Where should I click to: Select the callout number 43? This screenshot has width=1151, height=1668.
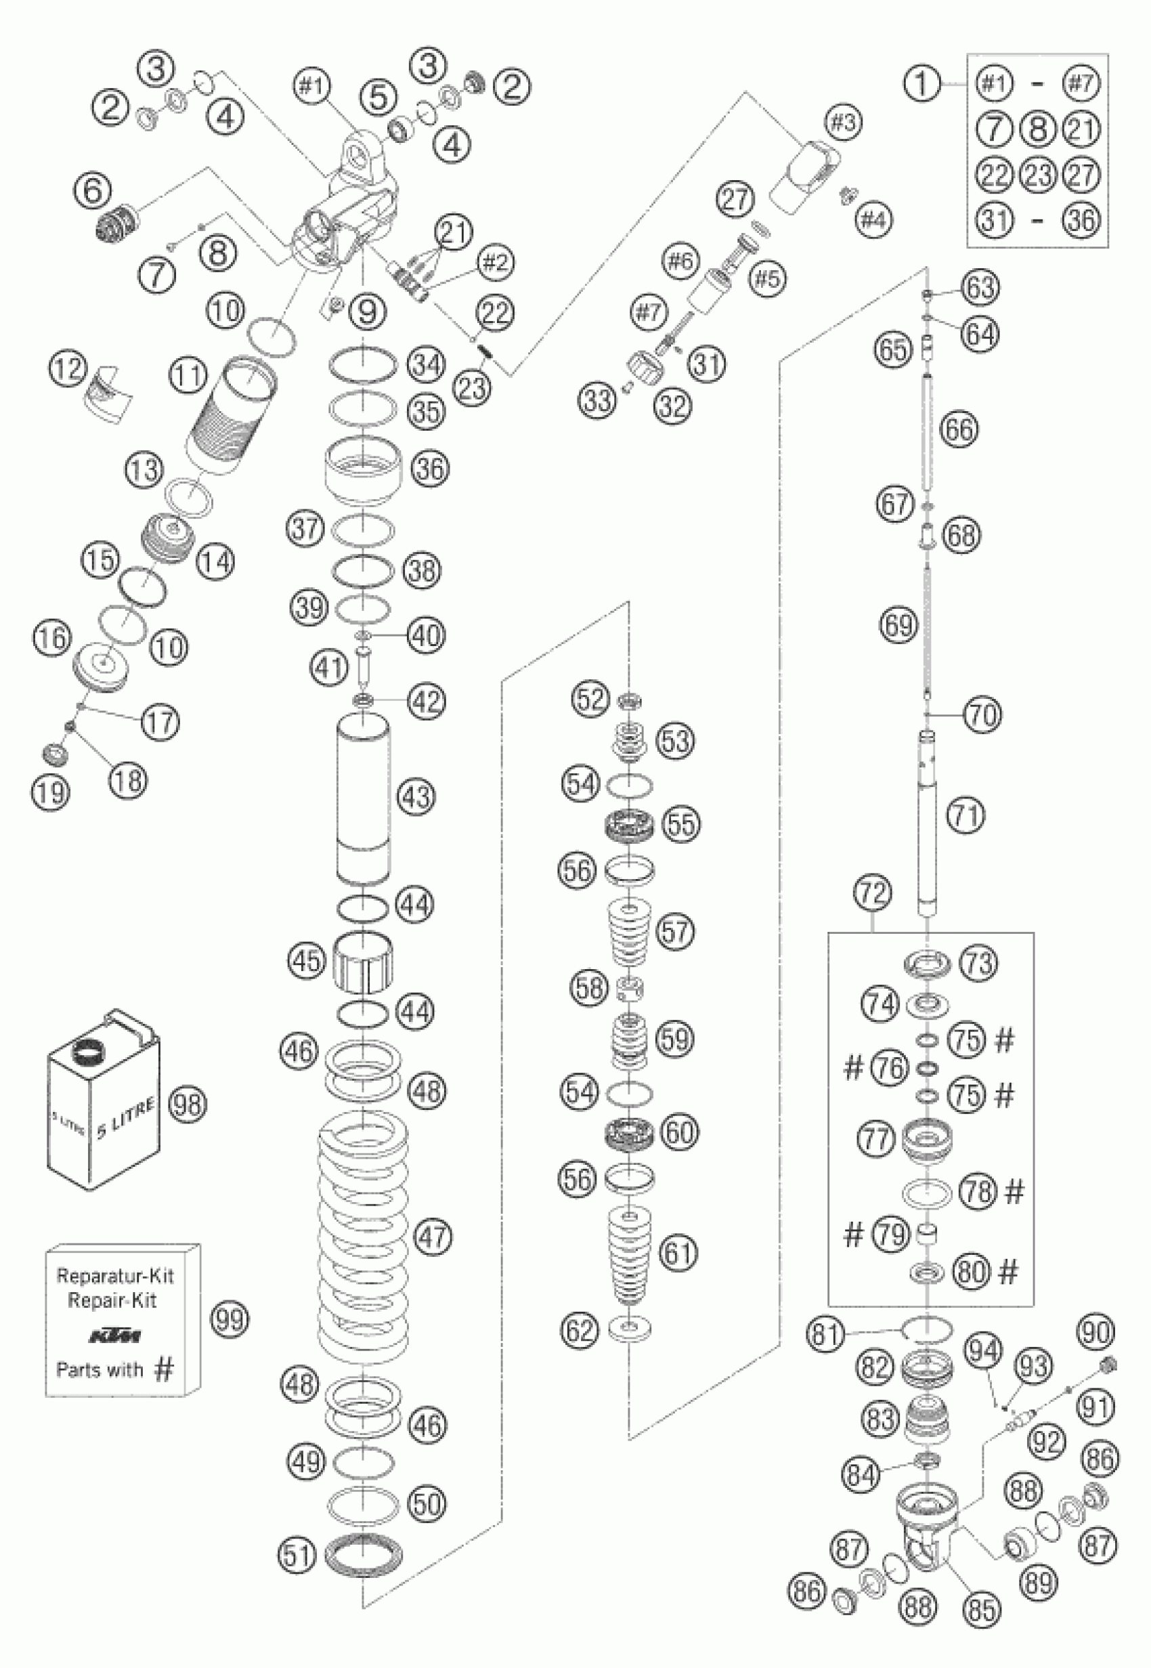pos(416,797)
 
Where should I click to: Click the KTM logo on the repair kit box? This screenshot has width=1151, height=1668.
pos(115,1337)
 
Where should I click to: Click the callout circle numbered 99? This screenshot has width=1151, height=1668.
pos(229,1319)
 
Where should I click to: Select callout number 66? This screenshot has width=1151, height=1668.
pos(959,430)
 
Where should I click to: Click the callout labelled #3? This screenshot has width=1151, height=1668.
pos(843,123)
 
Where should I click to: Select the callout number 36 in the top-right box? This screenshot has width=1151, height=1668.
pos(1082,219)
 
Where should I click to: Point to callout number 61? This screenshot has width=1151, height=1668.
pos(678,1253)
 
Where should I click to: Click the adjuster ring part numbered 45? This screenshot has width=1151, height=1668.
pos(364,962)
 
